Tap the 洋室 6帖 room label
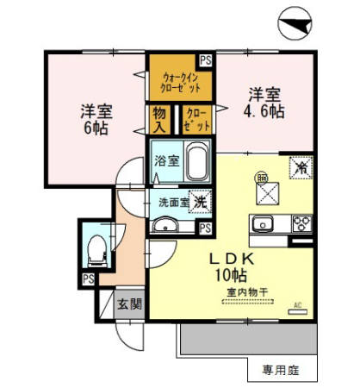pos(96,119)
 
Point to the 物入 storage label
pos(159,119)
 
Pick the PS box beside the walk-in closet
pos(207,60)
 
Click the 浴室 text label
pos(167,161)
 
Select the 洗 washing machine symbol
pos(199,201)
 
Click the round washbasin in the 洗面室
pos(167,226)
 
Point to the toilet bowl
pos(96,248)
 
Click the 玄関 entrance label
pos(129,304)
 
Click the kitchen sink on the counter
pos(262,225)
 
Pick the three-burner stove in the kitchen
pos(302,225)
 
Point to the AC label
pos(300,304)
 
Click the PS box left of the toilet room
pos(87,279)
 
